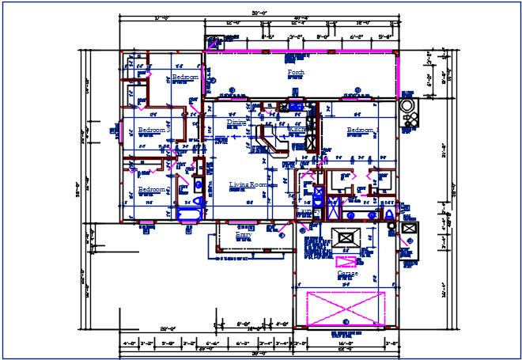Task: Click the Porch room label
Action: [x=296, y=72]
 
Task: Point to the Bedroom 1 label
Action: [x=363, y=130]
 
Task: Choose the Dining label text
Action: [x=236, y=123]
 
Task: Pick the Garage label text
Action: [x=347, y=274]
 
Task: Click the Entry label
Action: [x=244, y=234]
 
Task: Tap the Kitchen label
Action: [x=286, y=130]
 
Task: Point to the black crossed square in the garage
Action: [x=346, y=237]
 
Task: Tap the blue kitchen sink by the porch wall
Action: [x=296, y=106]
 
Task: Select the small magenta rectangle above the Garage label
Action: [x=346, y=261]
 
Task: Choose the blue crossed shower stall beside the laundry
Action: [x=332, y=208]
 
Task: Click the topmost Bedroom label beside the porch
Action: [x=185, y=77]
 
